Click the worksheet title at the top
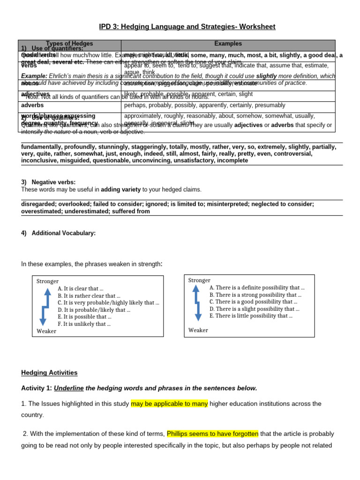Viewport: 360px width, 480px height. tap(187, 27)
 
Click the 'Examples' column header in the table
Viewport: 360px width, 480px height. tap(228, 44)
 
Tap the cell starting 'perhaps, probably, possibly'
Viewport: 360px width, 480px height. tap(204, 105)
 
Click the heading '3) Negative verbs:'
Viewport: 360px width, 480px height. tap(48, 182)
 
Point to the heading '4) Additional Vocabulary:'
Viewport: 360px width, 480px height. tap(58, 233)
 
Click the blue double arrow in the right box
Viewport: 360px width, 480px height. tap(197, 303)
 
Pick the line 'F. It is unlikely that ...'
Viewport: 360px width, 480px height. tap(84, 324)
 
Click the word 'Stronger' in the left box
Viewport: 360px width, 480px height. tap(47, 281)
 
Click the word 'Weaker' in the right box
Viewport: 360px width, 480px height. tap(198, 330)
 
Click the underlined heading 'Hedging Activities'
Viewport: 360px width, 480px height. tap(49, 373)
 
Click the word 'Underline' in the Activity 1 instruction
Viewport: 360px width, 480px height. tap(68, 388)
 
